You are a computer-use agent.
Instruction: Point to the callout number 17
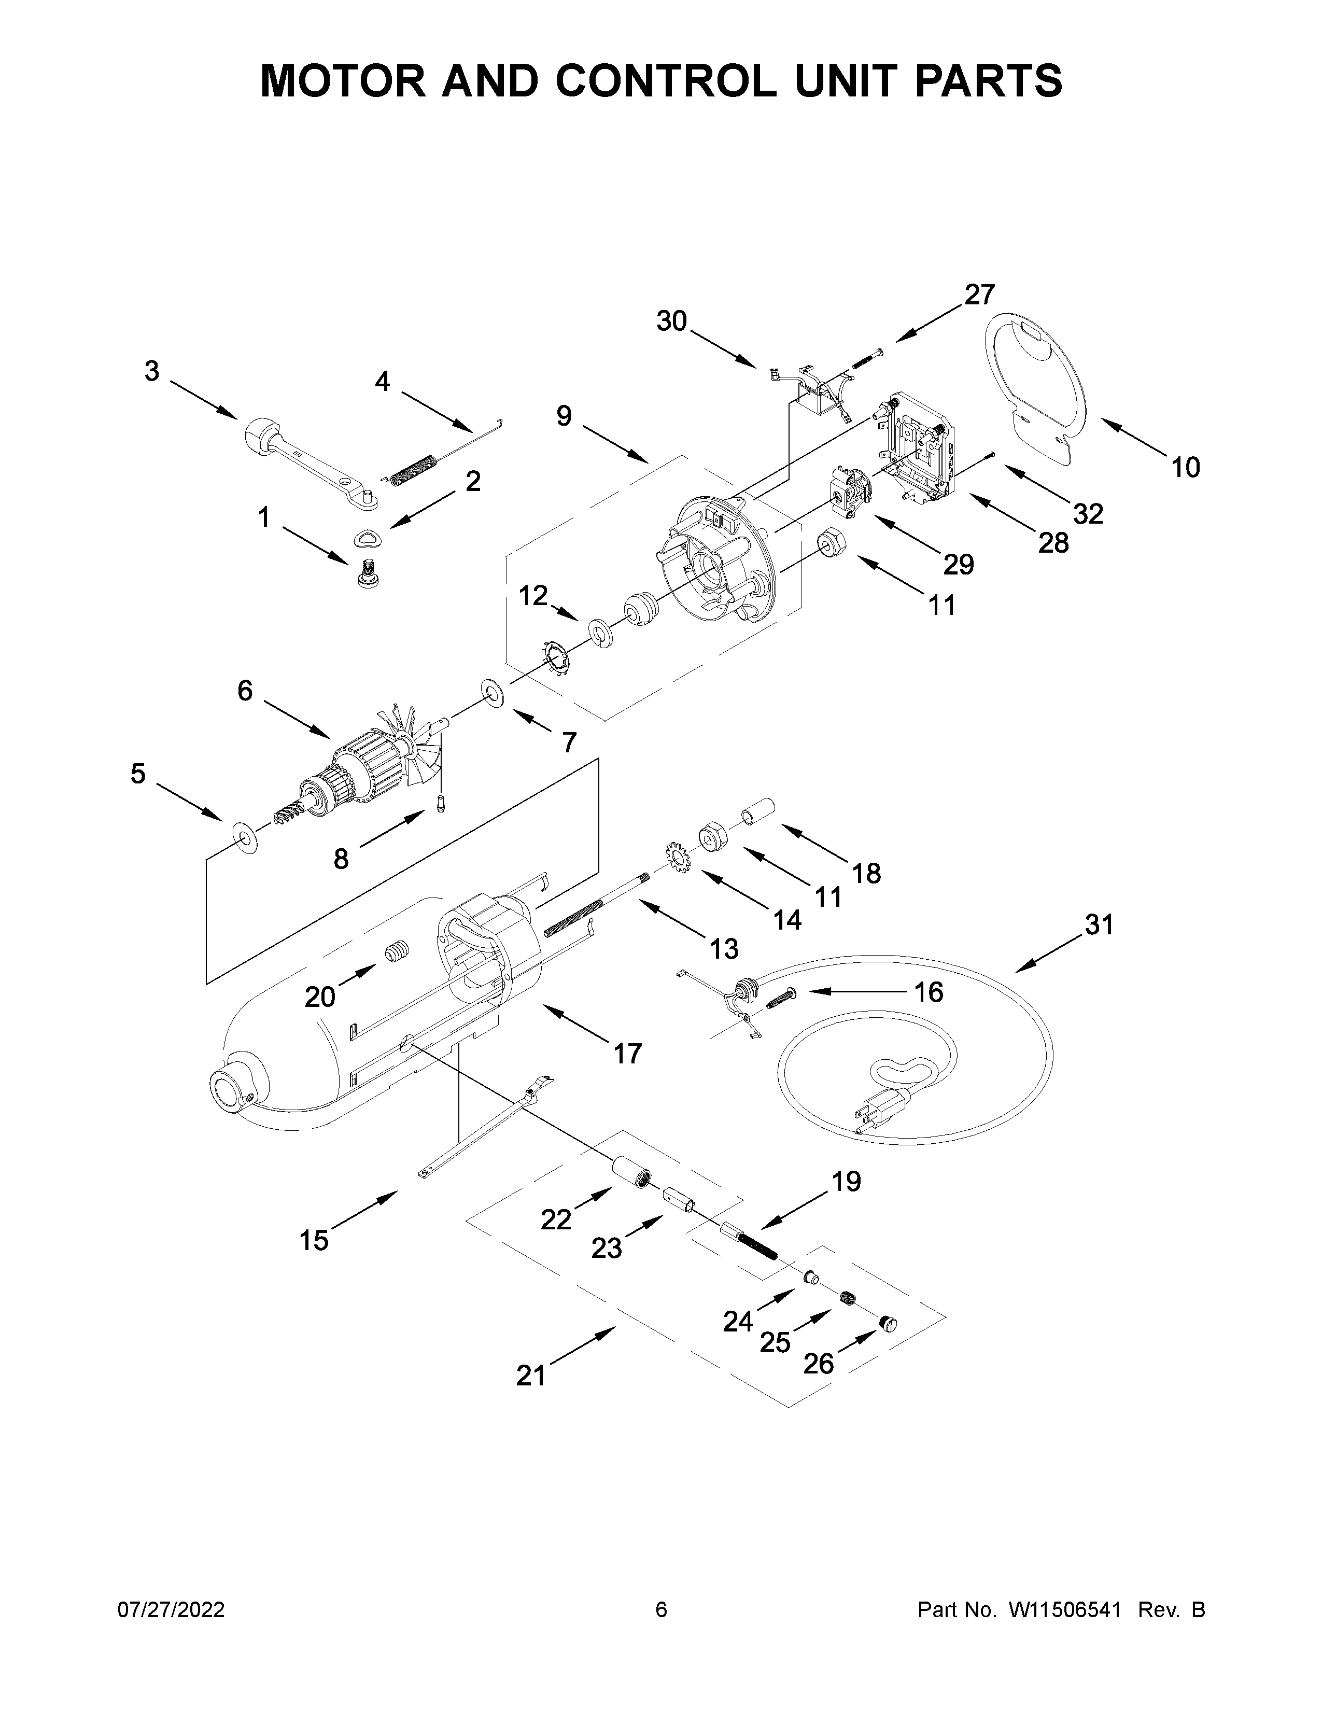[627, 1054]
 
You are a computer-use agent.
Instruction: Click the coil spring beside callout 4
[412, 469]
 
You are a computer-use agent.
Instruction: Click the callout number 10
[1186, 468]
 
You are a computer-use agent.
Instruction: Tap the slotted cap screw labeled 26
[888, 1323]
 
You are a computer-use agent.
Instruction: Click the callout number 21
[530, 1375]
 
